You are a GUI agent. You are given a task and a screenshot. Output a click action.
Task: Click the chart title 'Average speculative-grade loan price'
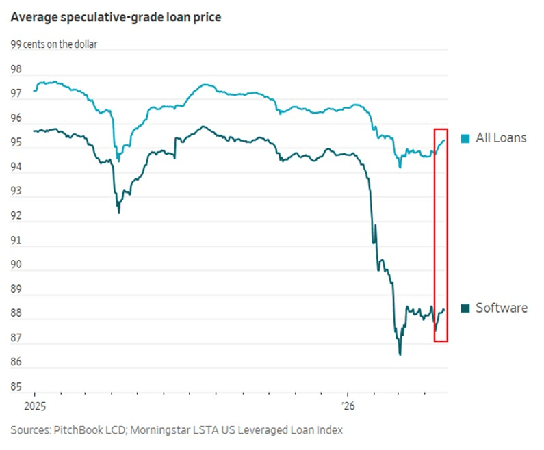(116, 16)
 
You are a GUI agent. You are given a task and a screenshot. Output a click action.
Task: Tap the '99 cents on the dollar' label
(54, 45)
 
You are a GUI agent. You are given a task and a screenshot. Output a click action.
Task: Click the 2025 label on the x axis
(34, 406)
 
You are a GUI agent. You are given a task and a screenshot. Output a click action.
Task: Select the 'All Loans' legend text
(501, 138)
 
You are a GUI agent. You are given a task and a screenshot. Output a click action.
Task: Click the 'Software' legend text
(502, 308)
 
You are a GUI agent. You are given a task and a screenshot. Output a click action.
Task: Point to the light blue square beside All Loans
(466, 139)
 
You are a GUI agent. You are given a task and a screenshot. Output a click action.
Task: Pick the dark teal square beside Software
(466, 308)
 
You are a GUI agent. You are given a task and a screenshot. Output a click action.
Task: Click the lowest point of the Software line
(400, 354)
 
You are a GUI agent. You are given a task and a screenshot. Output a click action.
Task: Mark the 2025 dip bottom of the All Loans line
(118, 161)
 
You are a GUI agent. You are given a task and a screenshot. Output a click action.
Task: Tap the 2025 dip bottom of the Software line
(118, 213)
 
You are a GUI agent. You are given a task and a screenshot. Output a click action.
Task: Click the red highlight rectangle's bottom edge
(441, 341)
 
